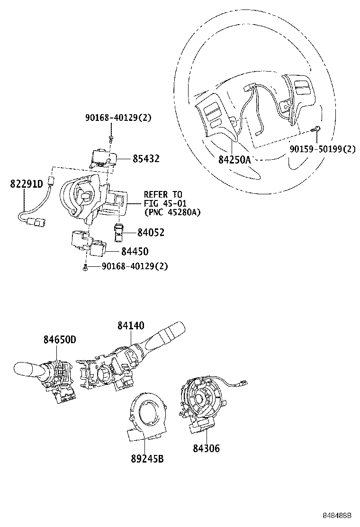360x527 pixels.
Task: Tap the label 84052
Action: [151, 232]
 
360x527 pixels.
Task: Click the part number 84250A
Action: [234, 160]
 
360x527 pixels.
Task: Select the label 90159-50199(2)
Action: [323, 149]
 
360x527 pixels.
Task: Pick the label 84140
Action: [131, 326]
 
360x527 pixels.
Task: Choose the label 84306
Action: [206, 448]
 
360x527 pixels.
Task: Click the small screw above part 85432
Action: [110, 138]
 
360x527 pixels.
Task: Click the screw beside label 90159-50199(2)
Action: [316, 129]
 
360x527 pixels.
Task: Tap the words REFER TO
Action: [162, 195]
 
